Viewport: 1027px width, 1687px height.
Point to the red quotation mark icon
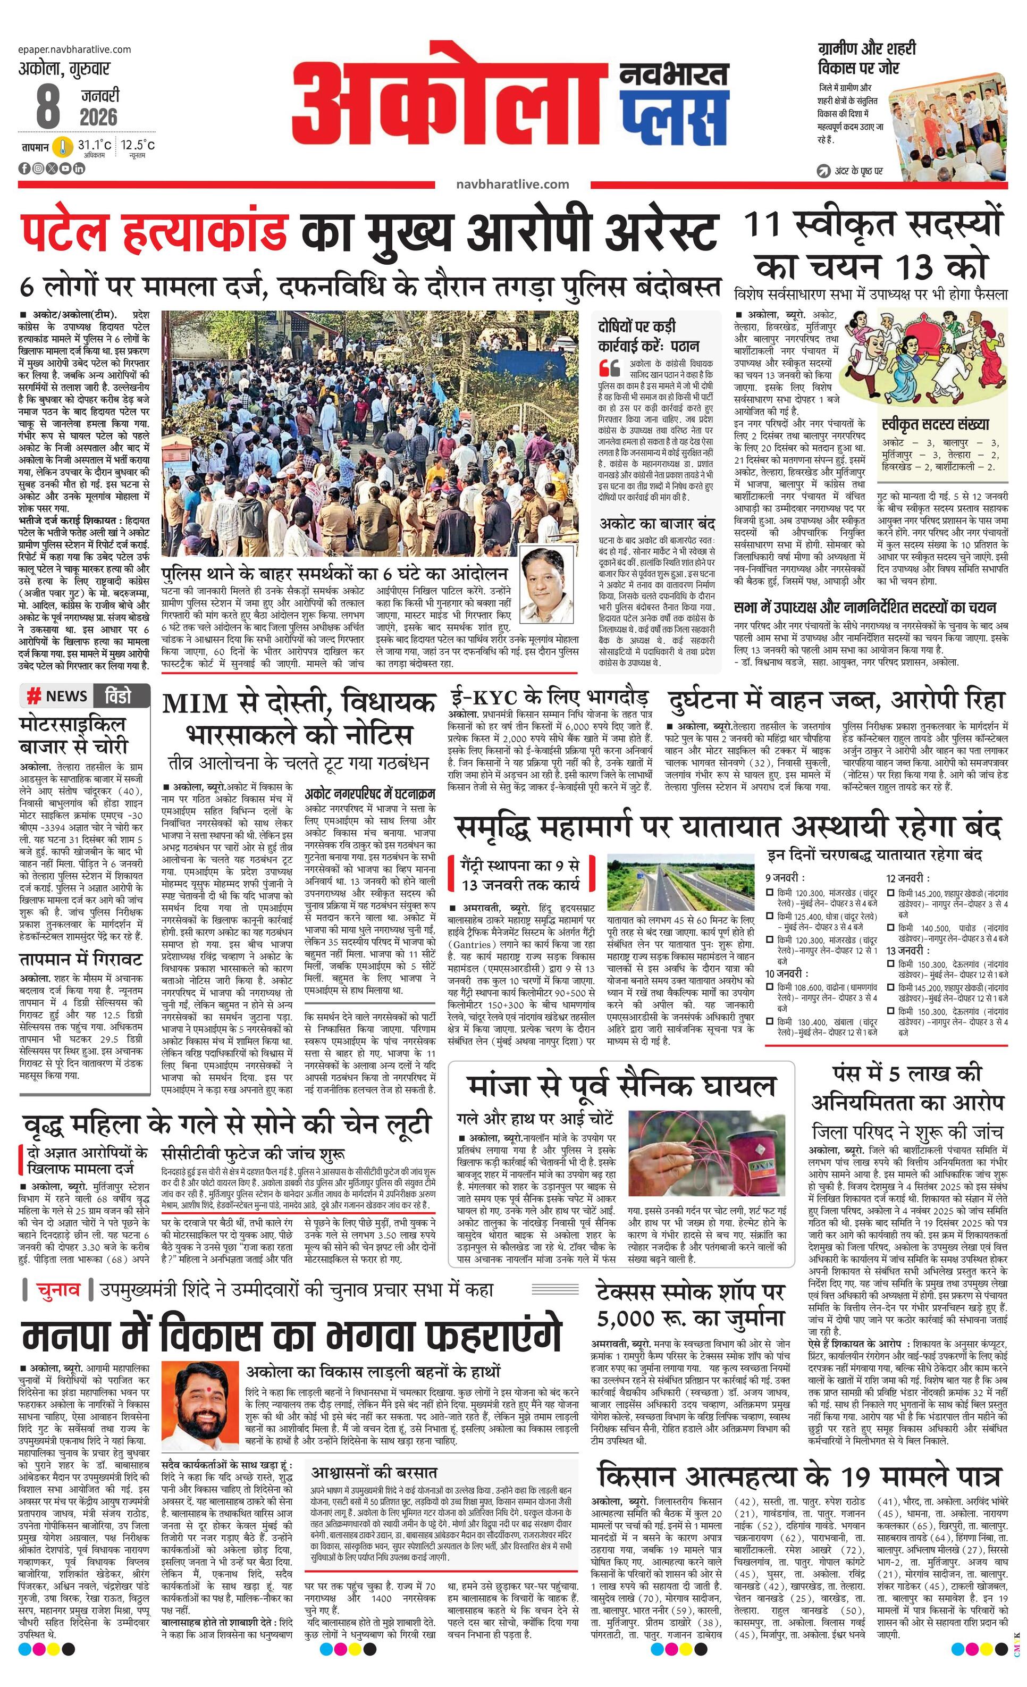point(609,368)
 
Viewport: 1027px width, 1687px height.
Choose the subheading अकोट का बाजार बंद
point(657,524)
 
